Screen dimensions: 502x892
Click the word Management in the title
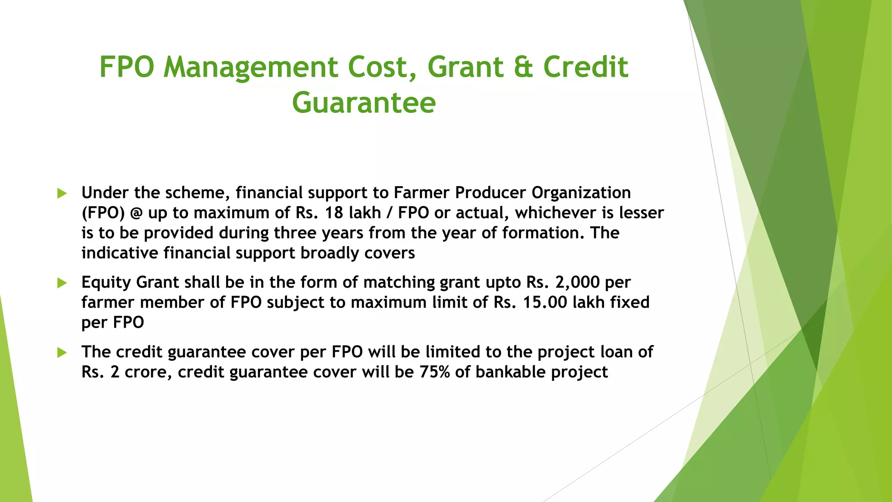point(250,68)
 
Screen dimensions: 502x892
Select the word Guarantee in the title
point(364,103)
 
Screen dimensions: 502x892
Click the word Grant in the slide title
point(466,68)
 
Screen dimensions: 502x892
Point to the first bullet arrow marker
point(62,193)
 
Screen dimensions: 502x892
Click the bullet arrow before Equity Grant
point(62,283)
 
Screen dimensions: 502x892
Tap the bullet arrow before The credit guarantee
point(62,353)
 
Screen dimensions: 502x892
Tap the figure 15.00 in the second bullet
point(545,302)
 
